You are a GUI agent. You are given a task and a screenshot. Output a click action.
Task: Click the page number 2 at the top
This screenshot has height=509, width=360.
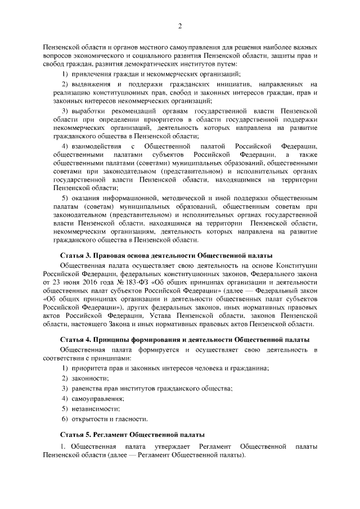click(x=180, y=26)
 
